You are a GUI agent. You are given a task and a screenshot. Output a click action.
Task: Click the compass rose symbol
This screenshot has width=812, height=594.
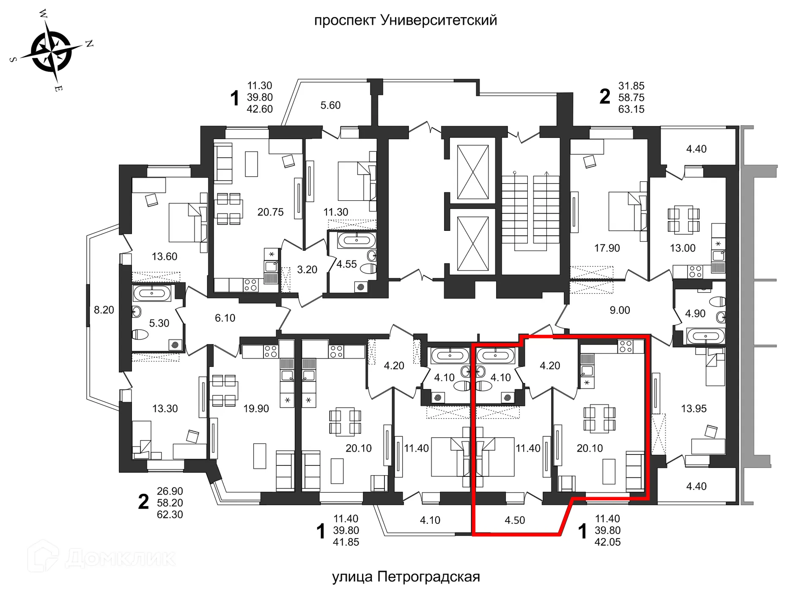click(52, 51)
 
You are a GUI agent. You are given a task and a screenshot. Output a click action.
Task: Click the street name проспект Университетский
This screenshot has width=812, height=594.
click(405, 20)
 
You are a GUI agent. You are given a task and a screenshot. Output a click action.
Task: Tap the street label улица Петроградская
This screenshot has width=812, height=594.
click(406, 577)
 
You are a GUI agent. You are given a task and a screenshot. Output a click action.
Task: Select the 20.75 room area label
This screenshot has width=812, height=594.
click(270, 212)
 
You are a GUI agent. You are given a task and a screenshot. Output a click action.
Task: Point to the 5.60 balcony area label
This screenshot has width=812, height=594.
click(330, 105)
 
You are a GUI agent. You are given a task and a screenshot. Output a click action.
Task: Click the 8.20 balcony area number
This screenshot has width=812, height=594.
click(104, 310)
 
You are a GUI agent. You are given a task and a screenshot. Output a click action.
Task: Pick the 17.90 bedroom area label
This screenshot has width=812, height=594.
click(606, 248)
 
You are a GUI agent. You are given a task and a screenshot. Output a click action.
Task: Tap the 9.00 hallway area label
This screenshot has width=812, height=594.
click(620, 310)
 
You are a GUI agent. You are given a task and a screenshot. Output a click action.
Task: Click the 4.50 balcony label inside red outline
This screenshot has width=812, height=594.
click(514, 520)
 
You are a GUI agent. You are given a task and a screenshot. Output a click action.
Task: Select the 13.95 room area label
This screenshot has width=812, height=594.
click(694, 408)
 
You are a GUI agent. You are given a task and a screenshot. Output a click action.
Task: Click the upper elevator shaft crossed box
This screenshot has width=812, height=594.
click(473, 172)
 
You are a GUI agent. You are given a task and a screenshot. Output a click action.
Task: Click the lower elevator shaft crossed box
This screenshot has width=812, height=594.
click(473, 244)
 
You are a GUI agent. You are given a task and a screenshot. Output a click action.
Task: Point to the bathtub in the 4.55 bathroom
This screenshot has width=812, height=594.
click(357, 241)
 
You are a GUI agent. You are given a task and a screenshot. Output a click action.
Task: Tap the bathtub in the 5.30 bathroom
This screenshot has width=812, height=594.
click(151, 293)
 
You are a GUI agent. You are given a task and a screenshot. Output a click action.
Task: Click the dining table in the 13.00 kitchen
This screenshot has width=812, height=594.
click(683, 219)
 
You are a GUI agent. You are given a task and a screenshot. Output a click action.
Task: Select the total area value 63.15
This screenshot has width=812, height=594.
click(631, 109)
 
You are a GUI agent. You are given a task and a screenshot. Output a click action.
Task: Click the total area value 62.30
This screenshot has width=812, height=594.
click(170, 515)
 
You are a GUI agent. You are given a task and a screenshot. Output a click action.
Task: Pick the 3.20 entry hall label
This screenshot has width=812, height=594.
click(307, 269)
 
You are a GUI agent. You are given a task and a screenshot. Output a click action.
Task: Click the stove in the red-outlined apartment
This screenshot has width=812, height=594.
click(625, 346)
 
